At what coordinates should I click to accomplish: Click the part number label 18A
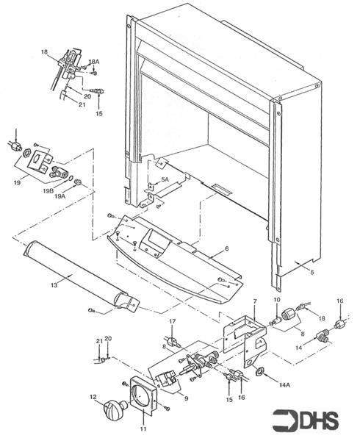click(x=93, y=62)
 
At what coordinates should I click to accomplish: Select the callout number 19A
click(x=70, y=197)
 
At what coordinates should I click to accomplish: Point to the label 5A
click(x=165, y=179)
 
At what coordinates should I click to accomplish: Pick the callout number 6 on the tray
click(x=226, y=249)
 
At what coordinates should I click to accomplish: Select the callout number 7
click(x=254, y=302)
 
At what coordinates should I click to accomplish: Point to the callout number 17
click(x=173, y=322)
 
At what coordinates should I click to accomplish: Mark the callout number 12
click(x=93, y=398)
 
